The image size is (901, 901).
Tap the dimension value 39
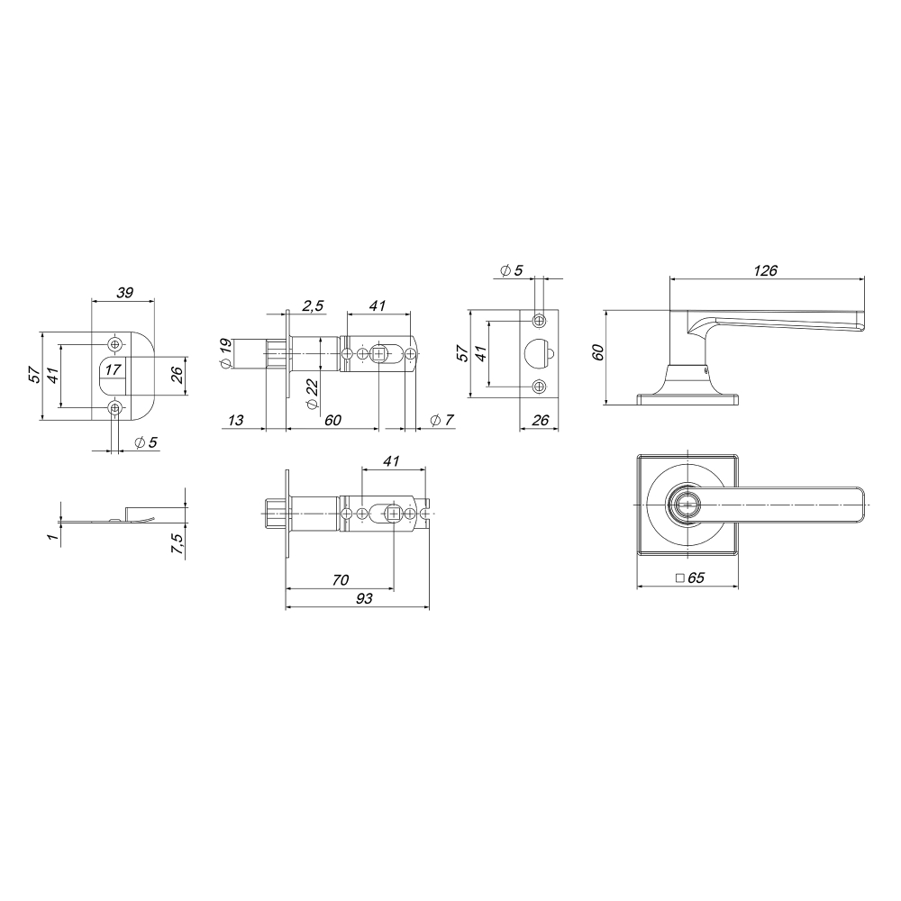point(125,292)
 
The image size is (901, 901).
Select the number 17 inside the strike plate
point(112,369)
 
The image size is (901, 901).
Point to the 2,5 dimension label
point(314,306)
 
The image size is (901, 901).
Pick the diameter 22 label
point(313,394)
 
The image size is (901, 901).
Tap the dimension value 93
point(364,597)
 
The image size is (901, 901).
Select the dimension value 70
point(340,581)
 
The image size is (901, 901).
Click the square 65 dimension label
point(689,579)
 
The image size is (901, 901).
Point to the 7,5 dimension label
point(177,543)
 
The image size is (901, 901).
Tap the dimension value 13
point(236,420)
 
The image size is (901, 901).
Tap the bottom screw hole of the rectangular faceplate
point(539,387)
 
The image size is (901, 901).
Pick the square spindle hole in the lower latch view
point(394,513)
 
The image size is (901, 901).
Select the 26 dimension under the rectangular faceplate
point(541,420)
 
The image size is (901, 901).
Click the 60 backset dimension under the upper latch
point(333,420)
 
